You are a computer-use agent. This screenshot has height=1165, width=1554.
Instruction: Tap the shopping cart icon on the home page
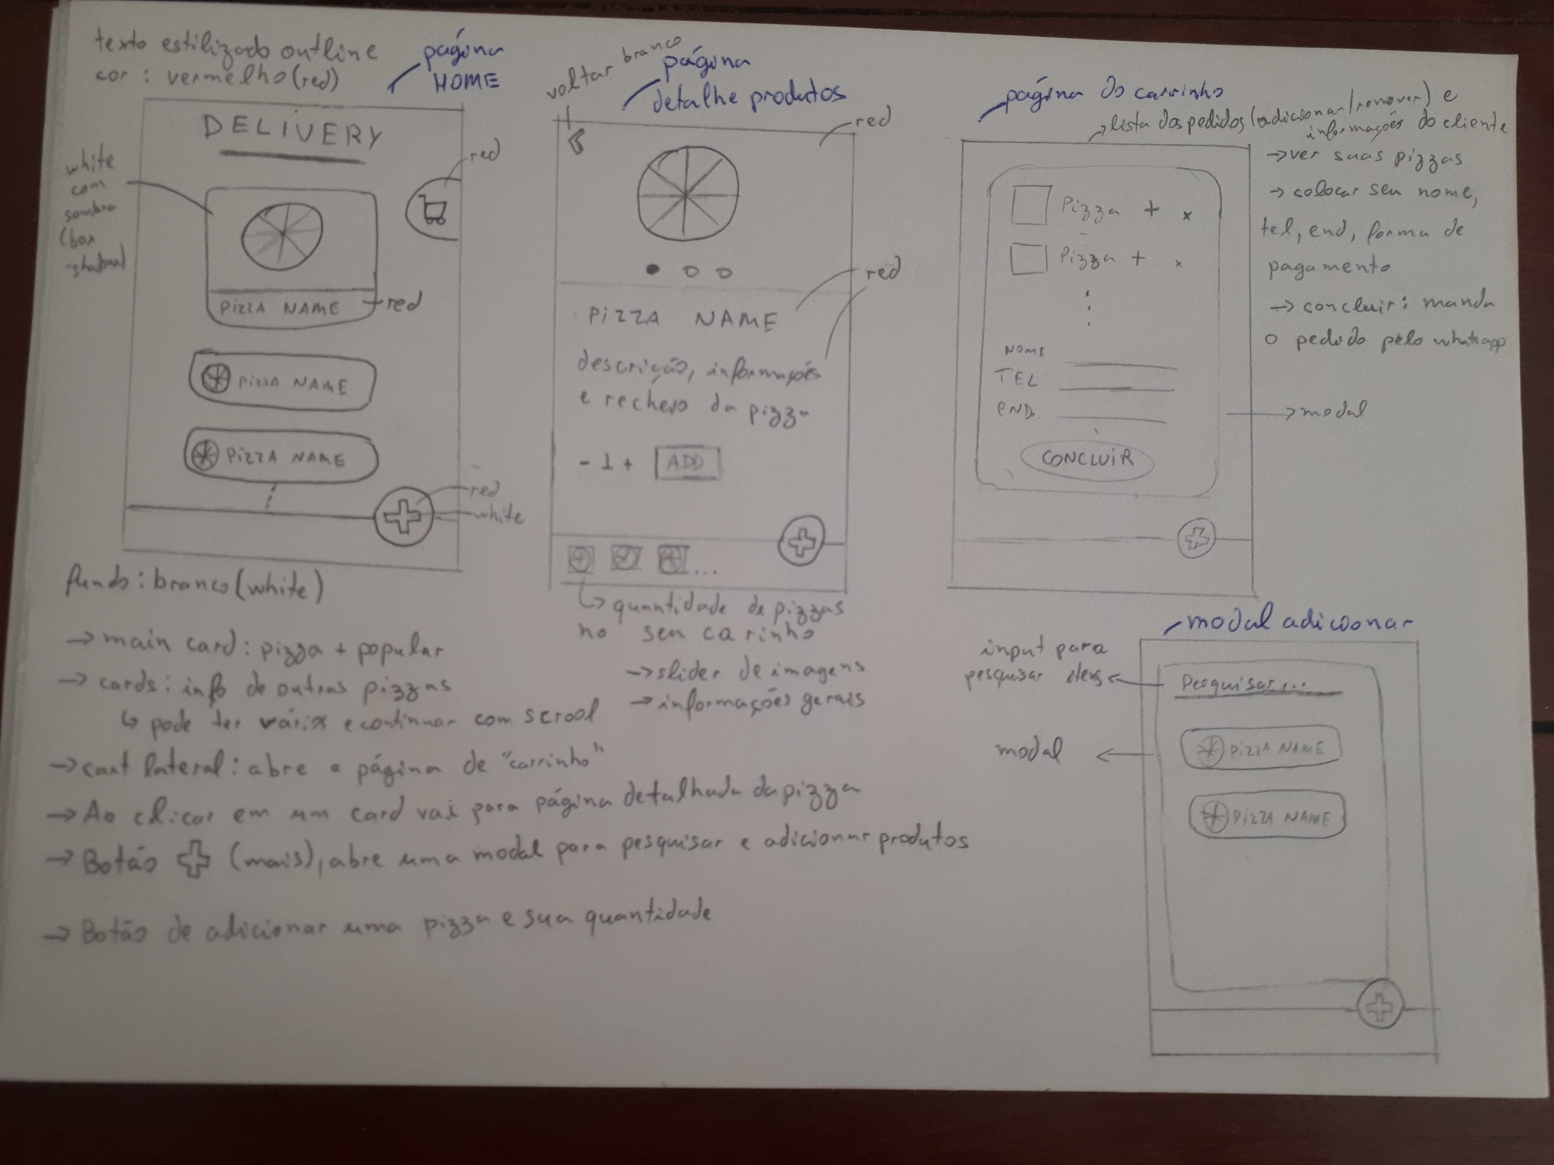pos(433,210)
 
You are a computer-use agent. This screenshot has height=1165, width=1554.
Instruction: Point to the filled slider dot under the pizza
pos(653,269)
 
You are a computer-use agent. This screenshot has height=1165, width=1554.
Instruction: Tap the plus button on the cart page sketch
pos(1196,539)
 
